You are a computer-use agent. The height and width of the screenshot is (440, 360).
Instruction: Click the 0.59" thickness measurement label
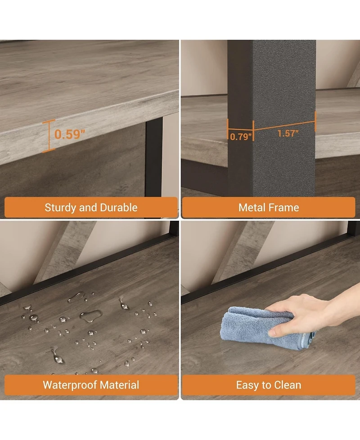(69, 134)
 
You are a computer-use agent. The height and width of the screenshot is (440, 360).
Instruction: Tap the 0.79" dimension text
(241, 136)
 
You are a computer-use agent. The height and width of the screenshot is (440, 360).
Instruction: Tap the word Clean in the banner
(288, 385)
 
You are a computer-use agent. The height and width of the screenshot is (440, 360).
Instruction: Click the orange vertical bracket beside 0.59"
(49, 136)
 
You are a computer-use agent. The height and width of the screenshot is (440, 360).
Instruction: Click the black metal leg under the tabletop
(154, 157)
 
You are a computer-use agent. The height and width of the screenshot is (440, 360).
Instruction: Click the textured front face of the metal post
(284, 118)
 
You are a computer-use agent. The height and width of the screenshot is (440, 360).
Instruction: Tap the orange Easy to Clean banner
(269, 385)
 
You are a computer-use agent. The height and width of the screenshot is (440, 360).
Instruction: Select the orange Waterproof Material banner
(91, 385)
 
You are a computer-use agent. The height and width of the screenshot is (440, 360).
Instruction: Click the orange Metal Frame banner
(269, 208)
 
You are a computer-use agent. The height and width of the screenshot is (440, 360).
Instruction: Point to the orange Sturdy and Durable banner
(91, 208)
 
